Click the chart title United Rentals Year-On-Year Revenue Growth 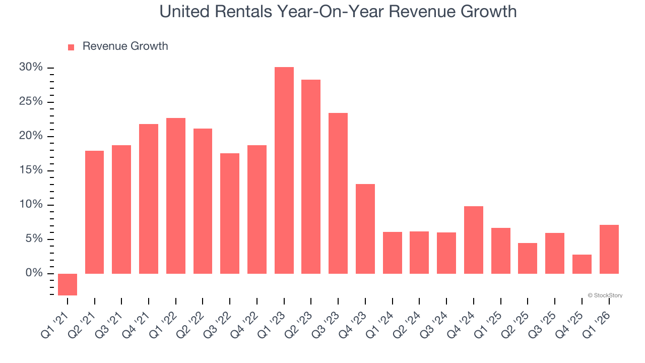pyautogui.click(x=338, y=12)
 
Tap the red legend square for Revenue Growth pyautogui.click(x=71, y=47)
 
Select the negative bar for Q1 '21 pyautogui.click(x=68, y=284)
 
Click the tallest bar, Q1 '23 pyautogui.click(x=284, y=170)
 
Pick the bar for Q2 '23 pyautogui.click(x=311, y=176)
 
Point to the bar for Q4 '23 pyautogui.click(x=365, y=229)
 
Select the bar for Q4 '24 pyautogui.click(x=474, y=240)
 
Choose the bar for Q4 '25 pyautogui.click(x=582, y=264)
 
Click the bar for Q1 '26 pyautogui.click(x=609, y=249)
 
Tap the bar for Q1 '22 pyautogui.click(x=176, y=196)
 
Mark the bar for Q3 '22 pyautogui.click(x=230, y=213)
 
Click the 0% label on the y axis pyautogui.click(x=35, y=273)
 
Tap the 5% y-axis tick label pyautogui.click(x=35, y=239)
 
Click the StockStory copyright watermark pyautogui.click(x=605, y=295)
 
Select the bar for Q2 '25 pyautogui.click(x=528, y=258)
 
